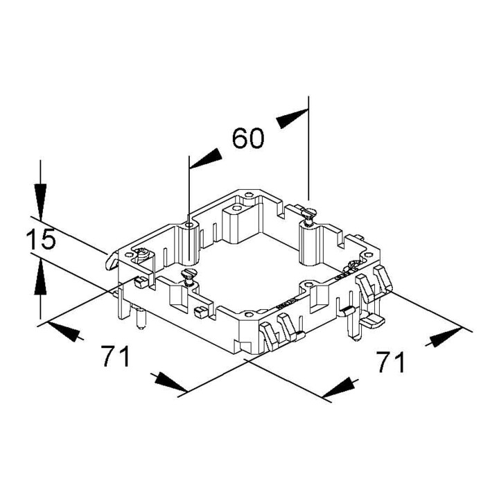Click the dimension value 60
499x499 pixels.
click(x=248, y=139)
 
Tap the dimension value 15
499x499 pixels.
click(x=41, y=239)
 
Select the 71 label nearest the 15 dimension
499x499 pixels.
click(x=116, y=356)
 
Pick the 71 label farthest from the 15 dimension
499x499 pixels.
click(x=390, y=362)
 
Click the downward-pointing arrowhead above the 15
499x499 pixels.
click(x=40, y=202)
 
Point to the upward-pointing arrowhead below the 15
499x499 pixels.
click(x=40, y=277)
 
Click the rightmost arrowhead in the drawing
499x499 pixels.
click(x=445, y=337)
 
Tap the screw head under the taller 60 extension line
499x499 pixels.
click(x=308, y=212)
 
